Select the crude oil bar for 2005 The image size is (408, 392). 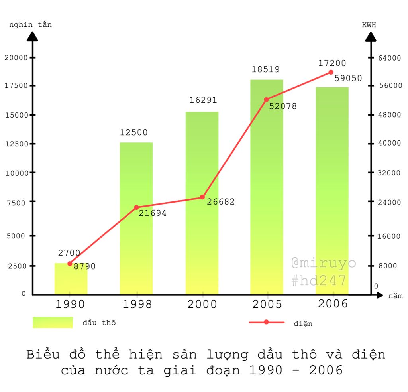click(x=267, y=187)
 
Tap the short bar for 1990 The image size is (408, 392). click(x=71, y=279)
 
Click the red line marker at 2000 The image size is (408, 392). click(x=202, y=197)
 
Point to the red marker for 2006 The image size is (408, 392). click(x=331, y=72)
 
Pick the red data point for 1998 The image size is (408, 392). click(x=136, y=207)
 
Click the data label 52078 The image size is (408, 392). click(x=283, y=106)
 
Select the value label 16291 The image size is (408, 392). click(x=203, y=100)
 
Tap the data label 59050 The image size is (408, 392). click(x=348, y=78)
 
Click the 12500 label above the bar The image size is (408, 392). click(x=134, y=132)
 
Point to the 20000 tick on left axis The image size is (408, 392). click(x=16, y=57)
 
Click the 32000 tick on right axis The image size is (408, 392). click(x=389, y=173)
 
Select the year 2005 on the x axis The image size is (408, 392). click(x=267, y=305)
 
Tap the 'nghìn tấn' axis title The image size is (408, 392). click(x=31, y=25)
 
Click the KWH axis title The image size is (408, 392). click(x=369, y=25)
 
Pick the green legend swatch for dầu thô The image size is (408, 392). click(x=53, y=322)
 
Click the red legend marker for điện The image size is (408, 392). click(x=266, y=322)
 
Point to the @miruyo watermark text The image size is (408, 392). click(x=324, y=263)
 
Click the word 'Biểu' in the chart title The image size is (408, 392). click(x=43, y=354)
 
